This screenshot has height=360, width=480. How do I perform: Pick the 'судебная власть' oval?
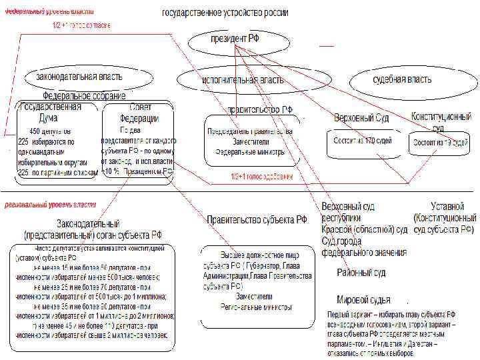(x=401, y=79)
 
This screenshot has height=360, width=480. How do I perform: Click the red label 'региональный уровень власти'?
(x=51, y=205)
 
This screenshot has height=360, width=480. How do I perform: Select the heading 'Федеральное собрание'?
(x=84, y=96)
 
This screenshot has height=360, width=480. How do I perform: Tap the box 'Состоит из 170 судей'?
(x=357, y=141)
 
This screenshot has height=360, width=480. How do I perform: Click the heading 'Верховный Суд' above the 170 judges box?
(x=362, y=117)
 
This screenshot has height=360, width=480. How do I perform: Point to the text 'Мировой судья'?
(x=363, y=300)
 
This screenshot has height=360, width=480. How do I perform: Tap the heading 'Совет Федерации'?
(x=140, y=113)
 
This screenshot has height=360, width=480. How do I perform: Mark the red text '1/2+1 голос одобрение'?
(x=262, y=177)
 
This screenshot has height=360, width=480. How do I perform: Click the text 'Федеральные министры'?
(x=250, y=151)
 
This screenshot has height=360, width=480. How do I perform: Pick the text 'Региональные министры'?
(x=255, y=307)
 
